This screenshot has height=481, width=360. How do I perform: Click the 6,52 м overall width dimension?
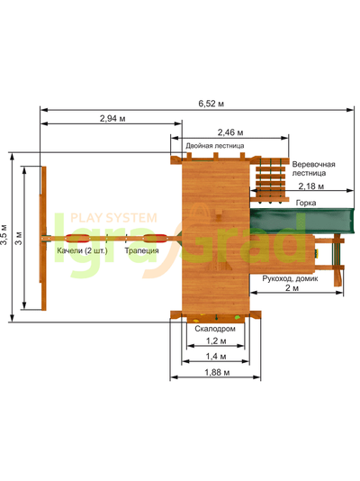click(211, 104)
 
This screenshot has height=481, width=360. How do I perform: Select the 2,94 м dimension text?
click(112, 118)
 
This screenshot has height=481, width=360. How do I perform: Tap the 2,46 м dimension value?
click(230, 132)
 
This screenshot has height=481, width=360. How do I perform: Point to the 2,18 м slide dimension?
click(311, 186)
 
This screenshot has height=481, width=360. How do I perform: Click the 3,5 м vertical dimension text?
click(4, 235)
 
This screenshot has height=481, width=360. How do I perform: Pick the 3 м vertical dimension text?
click(19, 238)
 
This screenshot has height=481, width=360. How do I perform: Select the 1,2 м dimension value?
click(216, 340)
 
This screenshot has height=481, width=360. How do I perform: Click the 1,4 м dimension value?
click(216, 357)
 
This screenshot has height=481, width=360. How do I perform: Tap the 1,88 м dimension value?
click(217, 372)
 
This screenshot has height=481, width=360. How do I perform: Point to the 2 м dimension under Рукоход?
click(292, 287)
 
